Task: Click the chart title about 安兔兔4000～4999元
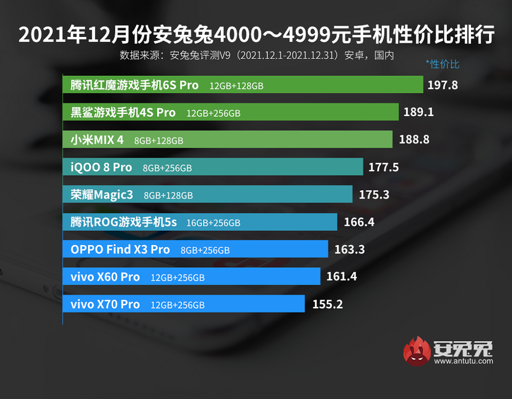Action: [256, 35]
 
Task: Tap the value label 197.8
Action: [443, 85]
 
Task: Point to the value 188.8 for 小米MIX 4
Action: [414, 140]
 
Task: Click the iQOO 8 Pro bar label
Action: [97, 167]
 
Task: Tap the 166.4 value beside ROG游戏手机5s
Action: [359, 222]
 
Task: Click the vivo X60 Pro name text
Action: [105, 277]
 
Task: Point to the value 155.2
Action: [328, 305]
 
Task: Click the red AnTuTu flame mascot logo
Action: [416, 351]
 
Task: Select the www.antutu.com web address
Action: [463, 361]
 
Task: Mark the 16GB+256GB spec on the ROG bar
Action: [213, 223]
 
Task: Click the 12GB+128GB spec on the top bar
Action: [236, 86]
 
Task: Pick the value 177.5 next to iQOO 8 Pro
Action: [384, 167]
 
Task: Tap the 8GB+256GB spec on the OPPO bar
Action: [205, 250]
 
